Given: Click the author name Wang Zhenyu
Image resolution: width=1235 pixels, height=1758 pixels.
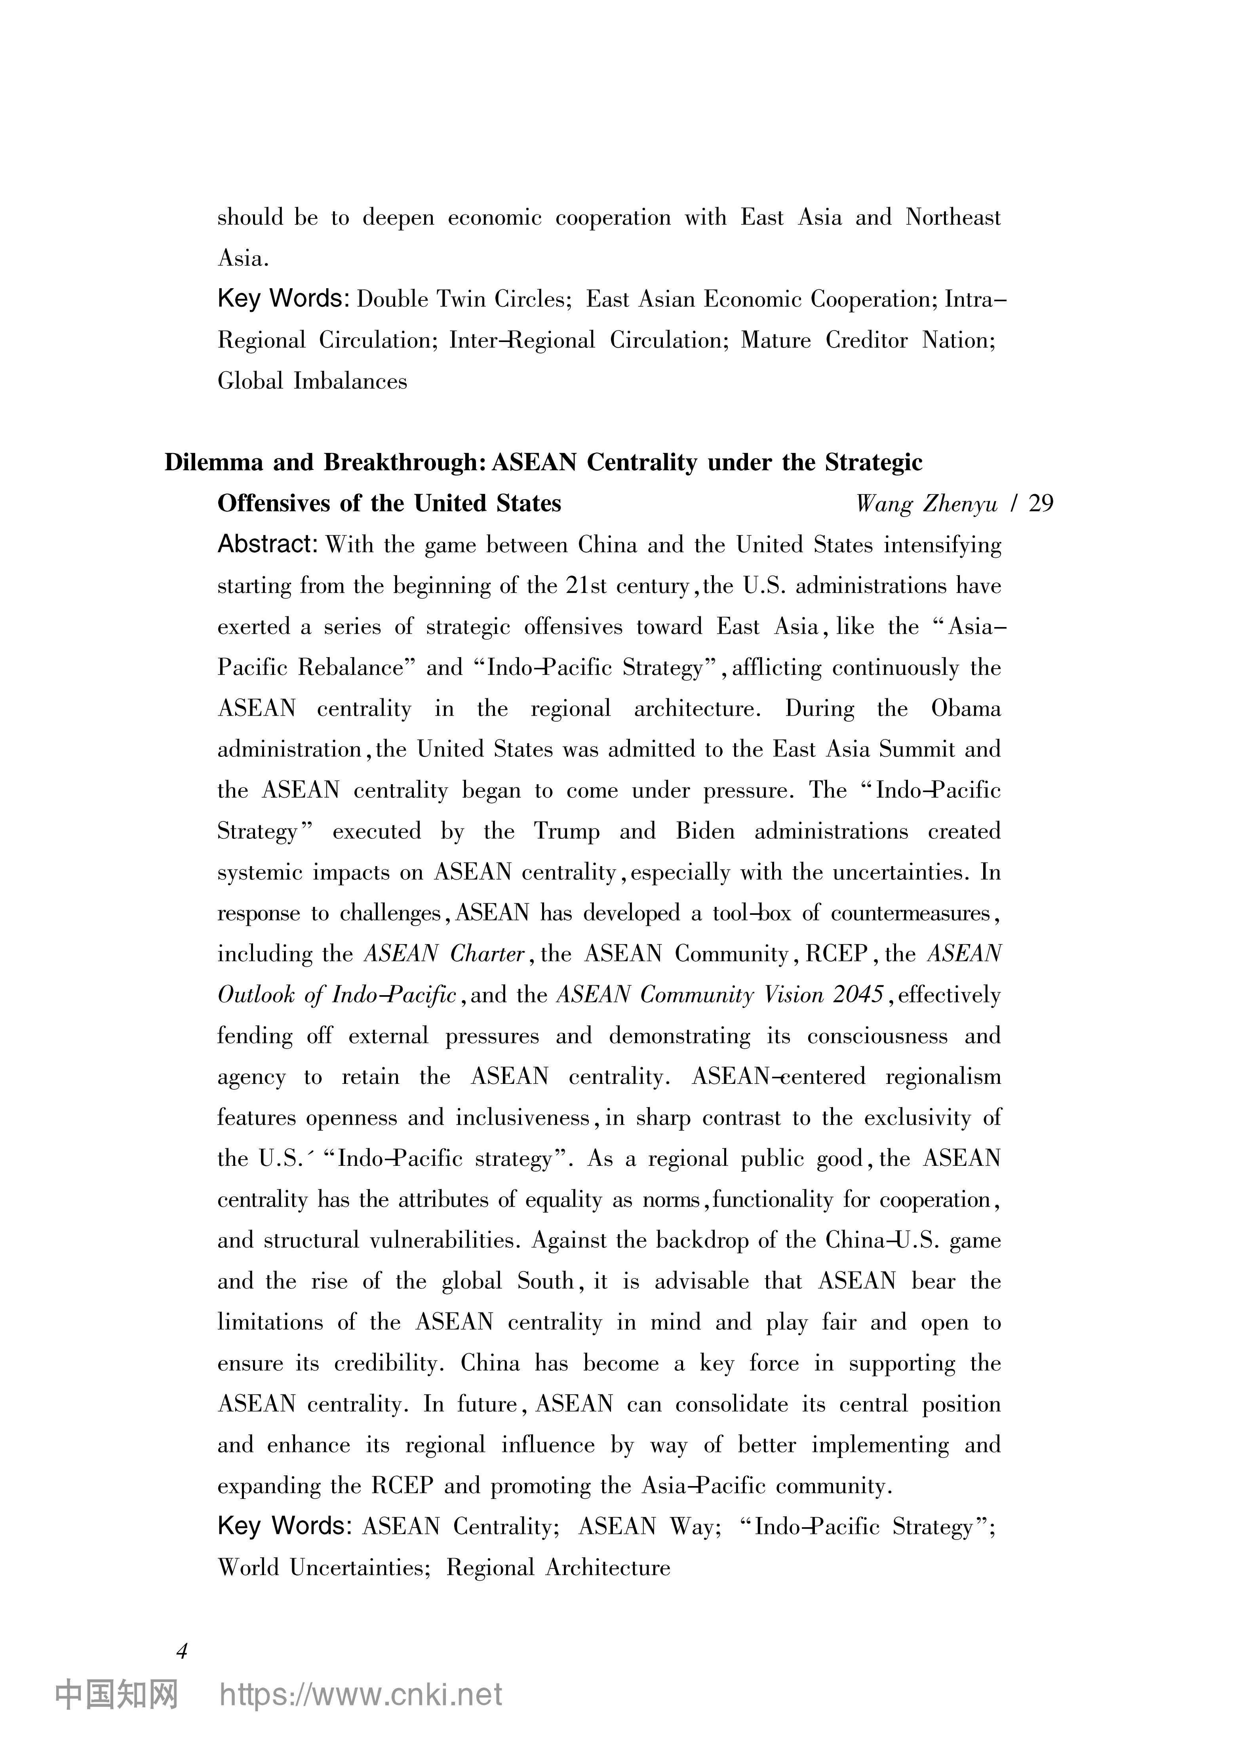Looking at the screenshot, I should (927, 504).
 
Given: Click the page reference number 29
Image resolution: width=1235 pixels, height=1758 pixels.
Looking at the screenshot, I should (1041, 504).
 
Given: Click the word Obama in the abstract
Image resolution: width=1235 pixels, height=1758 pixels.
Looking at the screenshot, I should (965, 708).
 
